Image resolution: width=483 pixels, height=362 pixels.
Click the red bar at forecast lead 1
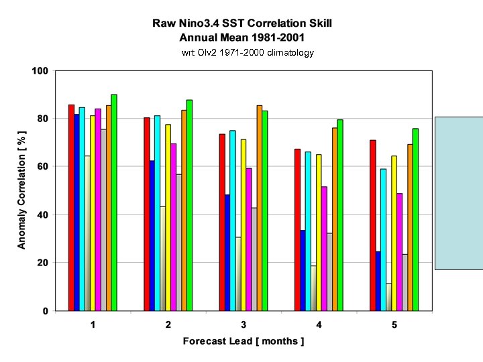(x=71, y=208)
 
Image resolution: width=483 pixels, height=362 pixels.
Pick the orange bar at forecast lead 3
(x=260, y=208)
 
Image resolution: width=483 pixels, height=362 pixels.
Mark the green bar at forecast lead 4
(x=340, y=215)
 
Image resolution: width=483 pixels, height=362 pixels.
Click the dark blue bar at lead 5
(x=378, y=281)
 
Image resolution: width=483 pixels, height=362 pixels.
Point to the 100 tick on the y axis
(x=40, y=70)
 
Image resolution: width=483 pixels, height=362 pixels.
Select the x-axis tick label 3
(x=244, y=324)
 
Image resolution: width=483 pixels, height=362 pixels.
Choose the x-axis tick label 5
(x=394, y=324)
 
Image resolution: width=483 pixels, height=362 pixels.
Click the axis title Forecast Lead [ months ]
(x=244, y=341)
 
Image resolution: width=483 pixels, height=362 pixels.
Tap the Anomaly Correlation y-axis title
(x=22, y=190)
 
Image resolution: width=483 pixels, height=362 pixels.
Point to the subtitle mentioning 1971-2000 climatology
(x=248, y=52)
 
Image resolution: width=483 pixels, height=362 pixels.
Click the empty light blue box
(x=459, y=193)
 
